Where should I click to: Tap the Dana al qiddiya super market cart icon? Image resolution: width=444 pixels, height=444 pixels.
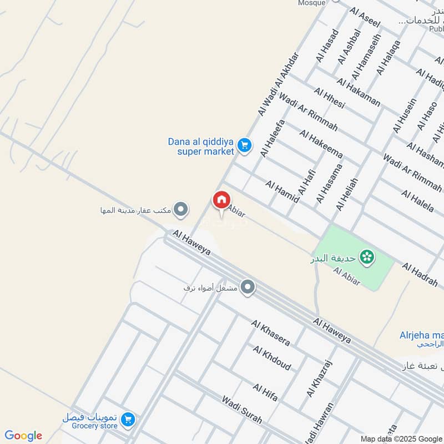[x=244, y=146]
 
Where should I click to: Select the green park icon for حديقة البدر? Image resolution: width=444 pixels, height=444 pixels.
[x=366, y=256]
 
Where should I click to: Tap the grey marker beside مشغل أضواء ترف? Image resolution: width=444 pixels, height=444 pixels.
[x=248, y=287]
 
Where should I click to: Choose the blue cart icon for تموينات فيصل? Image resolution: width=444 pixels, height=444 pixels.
[x=128, y=420]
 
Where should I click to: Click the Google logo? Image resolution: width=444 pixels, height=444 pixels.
[x=23, y=436]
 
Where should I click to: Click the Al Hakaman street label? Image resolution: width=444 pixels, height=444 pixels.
[x=359, y=92]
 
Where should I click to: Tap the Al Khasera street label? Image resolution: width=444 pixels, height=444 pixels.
[x=270, y=332]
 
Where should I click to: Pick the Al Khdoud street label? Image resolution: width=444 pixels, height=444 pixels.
[x=272, y=357]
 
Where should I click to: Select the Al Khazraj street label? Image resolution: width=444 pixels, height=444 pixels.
[x=317, y=377]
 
